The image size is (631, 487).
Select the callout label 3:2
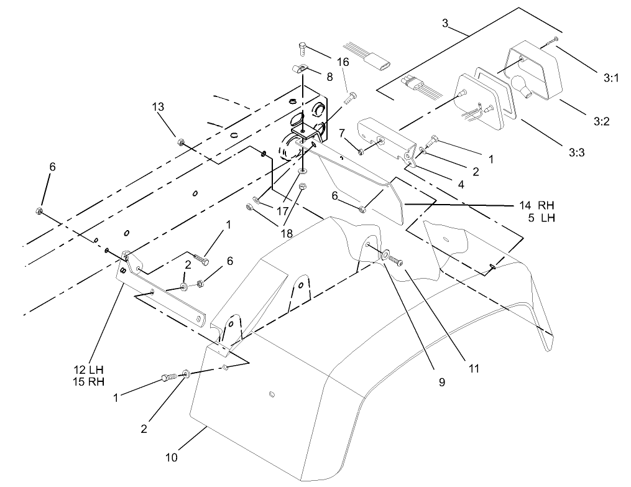601,122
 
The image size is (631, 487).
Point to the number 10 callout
172,458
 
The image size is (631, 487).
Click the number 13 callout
159,107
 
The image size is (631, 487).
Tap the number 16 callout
343,62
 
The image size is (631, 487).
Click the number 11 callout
474,368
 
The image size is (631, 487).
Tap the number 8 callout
329,77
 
